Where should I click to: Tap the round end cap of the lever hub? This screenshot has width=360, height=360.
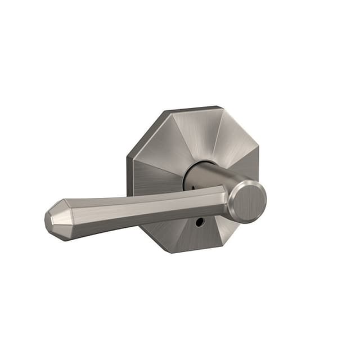(249, 201)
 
